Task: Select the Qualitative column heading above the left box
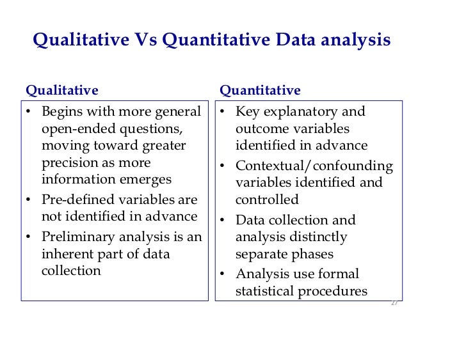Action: click(x=61, y=90)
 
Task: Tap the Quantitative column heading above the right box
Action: click(x=260, y=90)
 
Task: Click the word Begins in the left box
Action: click(x=63, y=112)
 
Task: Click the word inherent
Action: click(x=67, y=254)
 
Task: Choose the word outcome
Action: click(x=260, y=129)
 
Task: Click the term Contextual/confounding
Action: click(x=314, y=166)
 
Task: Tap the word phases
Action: click(x=314, y=254)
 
